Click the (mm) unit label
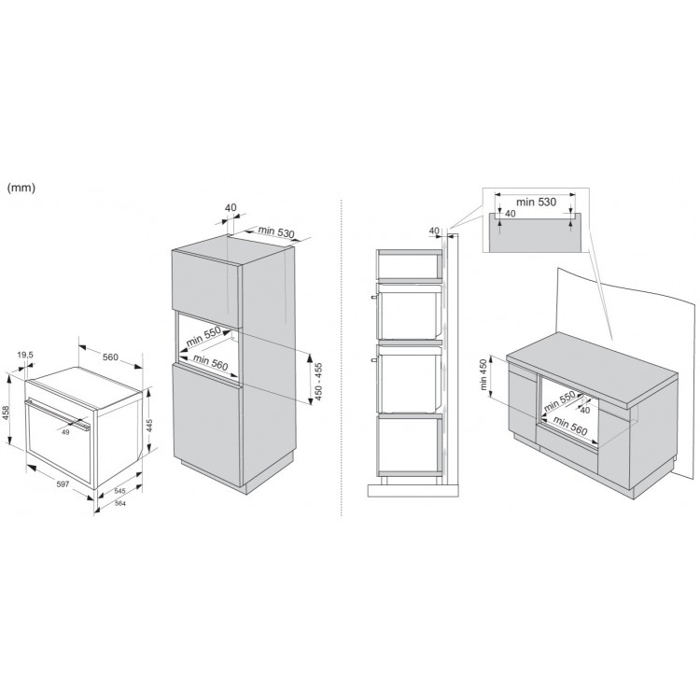21,188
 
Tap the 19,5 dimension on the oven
25,355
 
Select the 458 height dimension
6,414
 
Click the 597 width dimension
63,483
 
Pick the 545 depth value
119,491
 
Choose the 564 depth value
120,504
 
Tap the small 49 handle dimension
65,432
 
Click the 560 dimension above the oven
110,357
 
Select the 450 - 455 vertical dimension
319,381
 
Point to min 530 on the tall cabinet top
276,231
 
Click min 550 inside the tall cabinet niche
203,336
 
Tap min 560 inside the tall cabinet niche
210,362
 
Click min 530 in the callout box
536,202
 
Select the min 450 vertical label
483,374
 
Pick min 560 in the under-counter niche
569,425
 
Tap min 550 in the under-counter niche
559,401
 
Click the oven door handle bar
57,415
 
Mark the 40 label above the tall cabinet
231,207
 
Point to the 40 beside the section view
434,231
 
